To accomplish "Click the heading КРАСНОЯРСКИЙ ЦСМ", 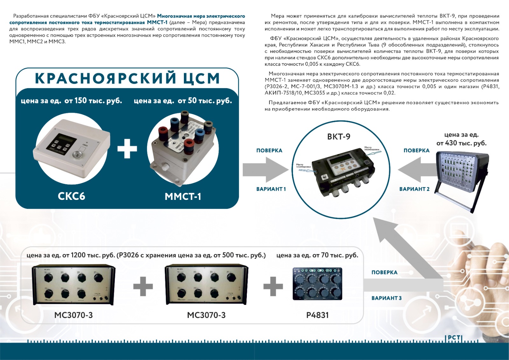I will (127, 78).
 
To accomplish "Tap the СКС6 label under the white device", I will (71, 196).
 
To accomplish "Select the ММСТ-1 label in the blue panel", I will (183, 196).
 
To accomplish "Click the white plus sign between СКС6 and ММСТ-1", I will (127, 148).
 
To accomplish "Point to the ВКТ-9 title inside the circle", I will (338, 137).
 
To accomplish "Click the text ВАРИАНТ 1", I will (271, 189).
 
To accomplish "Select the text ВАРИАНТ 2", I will (414, 189).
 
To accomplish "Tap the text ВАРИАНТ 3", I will (387, 298).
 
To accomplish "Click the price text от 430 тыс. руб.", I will (461, 143).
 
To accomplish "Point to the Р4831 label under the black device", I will (317, 315).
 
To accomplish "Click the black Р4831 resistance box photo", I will (317, 284).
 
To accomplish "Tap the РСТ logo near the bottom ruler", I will (454, 338).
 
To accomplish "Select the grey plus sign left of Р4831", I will (273, 286).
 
